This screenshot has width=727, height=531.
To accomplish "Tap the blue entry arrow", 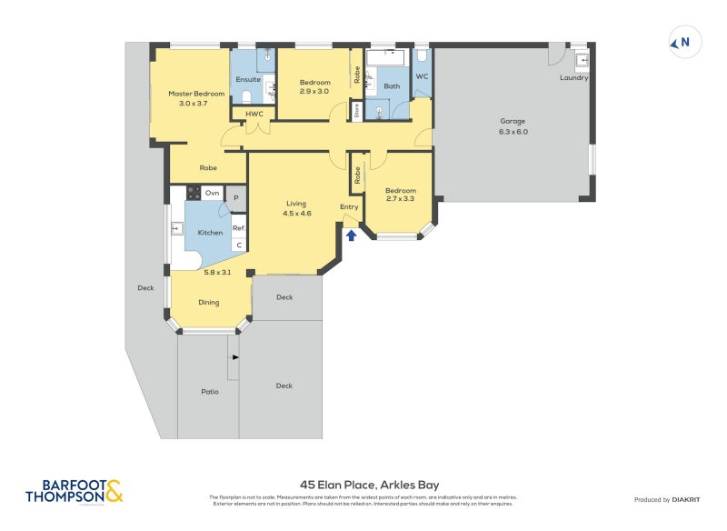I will pos(352,235).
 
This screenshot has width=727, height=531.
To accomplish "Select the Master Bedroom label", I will pos(195,98).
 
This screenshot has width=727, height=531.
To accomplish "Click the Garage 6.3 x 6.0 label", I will pos(513,126).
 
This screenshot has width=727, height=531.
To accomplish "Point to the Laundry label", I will pos(573,78).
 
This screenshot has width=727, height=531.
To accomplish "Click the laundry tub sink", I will pos(583,62).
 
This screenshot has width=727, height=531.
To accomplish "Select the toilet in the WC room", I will pos(421,58).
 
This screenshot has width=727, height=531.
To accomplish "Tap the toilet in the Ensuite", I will pos(246,95).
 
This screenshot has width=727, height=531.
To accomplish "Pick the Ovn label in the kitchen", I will pos(211,193).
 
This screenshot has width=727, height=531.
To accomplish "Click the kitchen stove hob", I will pos(193,193).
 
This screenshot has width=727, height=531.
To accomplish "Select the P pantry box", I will pos(235,197).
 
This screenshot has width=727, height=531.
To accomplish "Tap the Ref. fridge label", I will pos(239,227).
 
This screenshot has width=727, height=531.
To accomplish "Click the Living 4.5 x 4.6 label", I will pos(296,208).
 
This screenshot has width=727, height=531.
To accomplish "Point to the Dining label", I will pos(209,302).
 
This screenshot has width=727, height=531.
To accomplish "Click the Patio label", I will pos(210,392).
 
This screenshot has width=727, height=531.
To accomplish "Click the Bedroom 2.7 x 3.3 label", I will pos(400,195).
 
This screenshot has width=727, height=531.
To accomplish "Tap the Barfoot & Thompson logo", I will pos(75,491).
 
